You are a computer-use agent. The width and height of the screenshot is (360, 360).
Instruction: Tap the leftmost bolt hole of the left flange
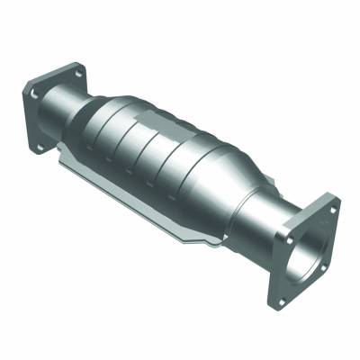pos(34,92)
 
